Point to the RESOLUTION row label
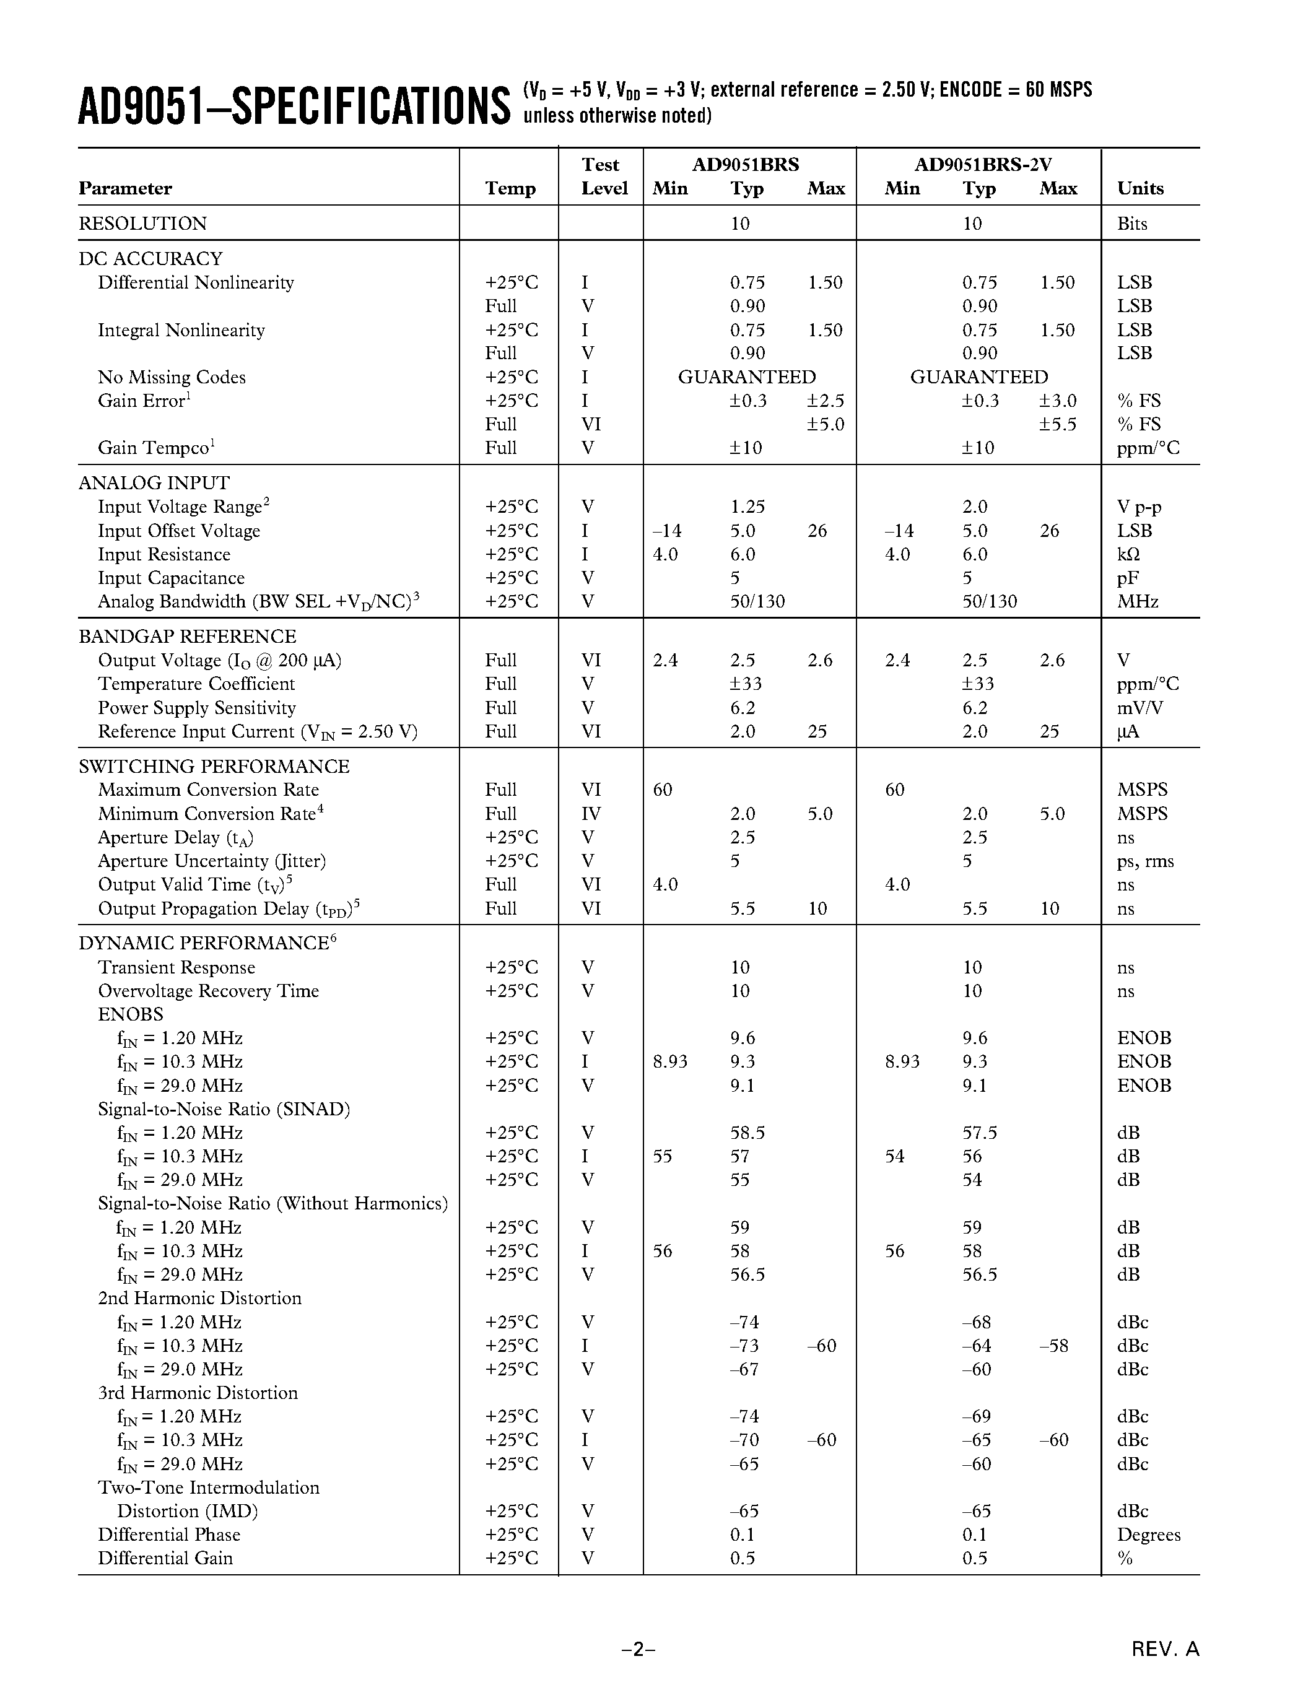pyautogui.click(x=142, y=224)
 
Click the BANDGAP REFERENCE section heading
pyautogui.click(x=187, y=636)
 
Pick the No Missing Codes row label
pyautogui.click(x=172, y=377)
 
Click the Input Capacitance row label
pyautogui.click(x=171, y=578)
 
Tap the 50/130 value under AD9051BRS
pyautogui.click(x=757, y=601)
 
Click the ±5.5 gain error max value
pyautogui.click(x=1057, y=424)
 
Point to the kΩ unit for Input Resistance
pyautogui.click(x=1128, y=554)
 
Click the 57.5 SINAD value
pyautogui.click(x=979, y=1132)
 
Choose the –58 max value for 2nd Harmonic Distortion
pyautogui.click(x=1053, y=1346)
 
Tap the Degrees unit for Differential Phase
pyautogui.click(x=1148, y=1535)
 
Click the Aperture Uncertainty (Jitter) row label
pyautogui.click(x=211, y=861)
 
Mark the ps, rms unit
pyautogui.click(x=1144, y=861)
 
